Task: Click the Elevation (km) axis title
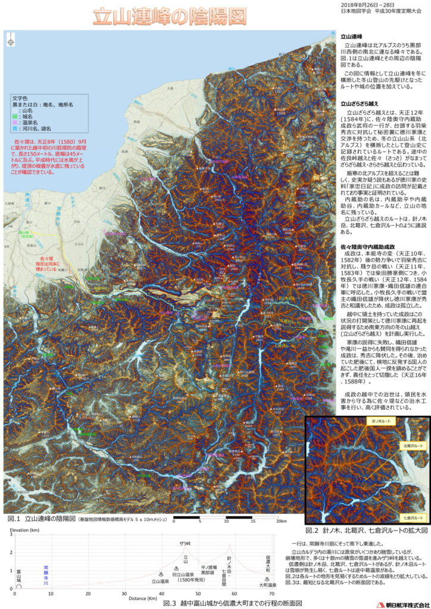[x=24, y=529]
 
